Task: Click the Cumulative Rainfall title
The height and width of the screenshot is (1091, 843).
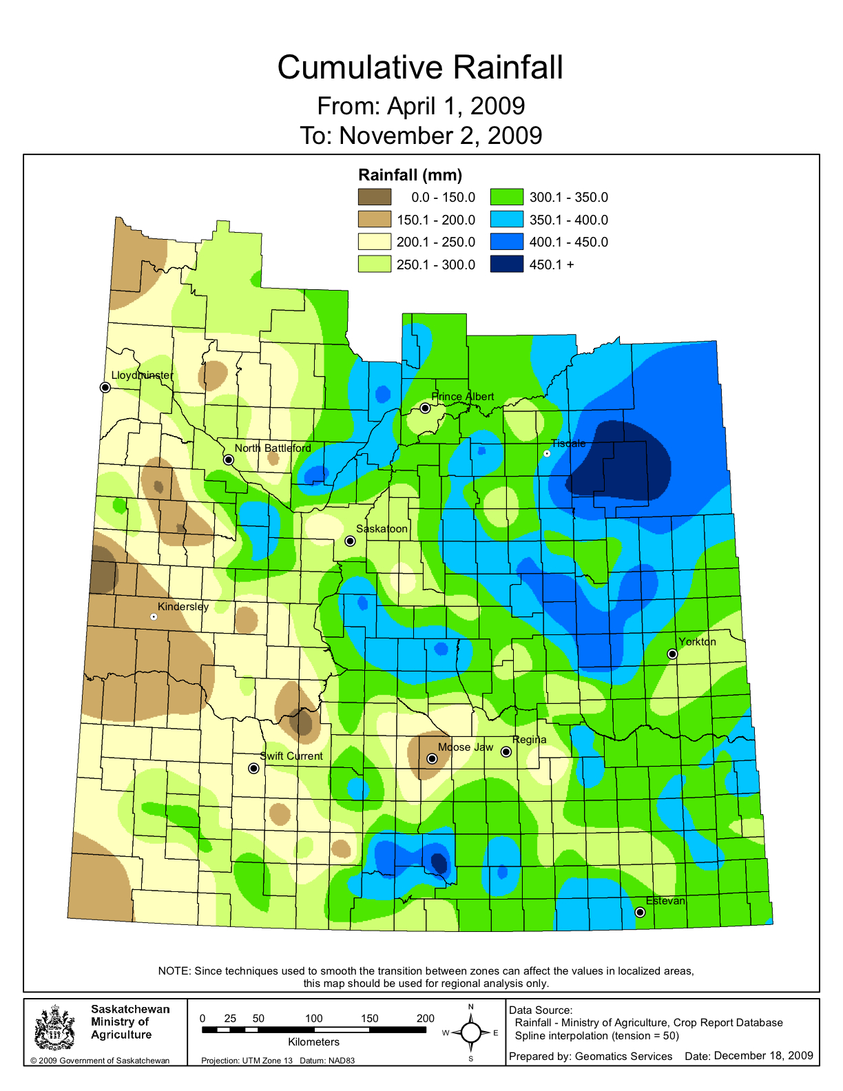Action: [420, 67]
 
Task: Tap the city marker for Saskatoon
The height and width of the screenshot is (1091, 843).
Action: [350, 541]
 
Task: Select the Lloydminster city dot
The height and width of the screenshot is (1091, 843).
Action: [105, 387]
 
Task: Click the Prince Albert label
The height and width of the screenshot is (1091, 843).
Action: [462, 396]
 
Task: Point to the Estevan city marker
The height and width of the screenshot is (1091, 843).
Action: [640, 912]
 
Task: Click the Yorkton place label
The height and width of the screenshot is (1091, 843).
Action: [697, 641]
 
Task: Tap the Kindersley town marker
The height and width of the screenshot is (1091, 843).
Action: [154, 616]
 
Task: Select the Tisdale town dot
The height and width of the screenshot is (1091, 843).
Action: [547, 453]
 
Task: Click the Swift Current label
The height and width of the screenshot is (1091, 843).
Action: [291, 756]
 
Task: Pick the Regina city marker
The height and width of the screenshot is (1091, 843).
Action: [506, 751]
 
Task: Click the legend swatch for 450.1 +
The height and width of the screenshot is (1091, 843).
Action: [507, 264]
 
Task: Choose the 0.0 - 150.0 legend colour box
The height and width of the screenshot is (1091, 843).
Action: [374, 197]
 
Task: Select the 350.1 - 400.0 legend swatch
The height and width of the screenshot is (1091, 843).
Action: [507, 220]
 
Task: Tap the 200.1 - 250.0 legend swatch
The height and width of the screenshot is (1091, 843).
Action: [374, 242]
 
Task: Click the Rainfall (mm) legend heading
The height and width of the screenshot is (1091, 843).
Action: [410, 175]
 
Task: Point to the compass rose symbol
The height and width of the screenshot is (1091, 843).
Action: [471, 1032]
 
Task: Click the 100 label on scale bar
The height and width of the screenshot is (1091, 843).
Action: [314, 1018]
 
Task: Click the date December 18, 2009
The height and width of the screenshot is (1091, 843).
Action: [763, 1055]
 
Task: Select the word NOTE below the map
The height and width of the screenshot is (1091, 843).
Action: [173, 970]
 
